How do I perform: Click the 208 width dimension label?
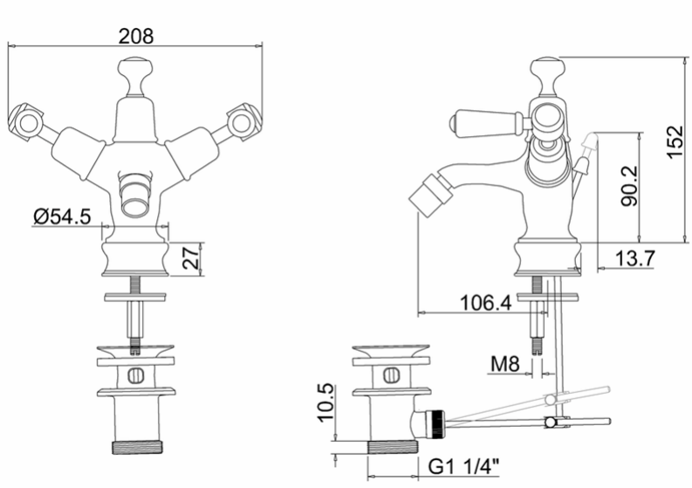136,36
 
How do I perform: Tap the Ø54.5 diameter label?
62,217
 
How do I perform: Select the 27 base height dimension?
191,258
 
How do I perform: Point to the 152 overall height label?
675,142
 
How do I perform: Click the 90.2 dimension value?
629,185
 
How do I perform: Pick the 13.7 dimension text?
634,258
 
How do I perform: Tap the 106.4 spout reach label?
486,303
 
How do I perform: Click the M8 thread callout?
505,364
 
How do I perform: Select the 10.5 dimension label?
327,402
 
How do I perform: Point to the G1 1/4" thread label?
464,466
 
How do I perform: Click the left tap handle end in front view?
25,122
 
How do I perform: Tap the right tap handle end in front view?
244,122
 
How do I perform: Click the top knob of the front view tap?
136,77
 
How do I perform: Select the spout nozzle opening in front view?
136,204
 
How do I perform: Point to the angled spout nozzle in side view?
430,193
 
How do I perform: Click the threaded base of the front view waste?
137,446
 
